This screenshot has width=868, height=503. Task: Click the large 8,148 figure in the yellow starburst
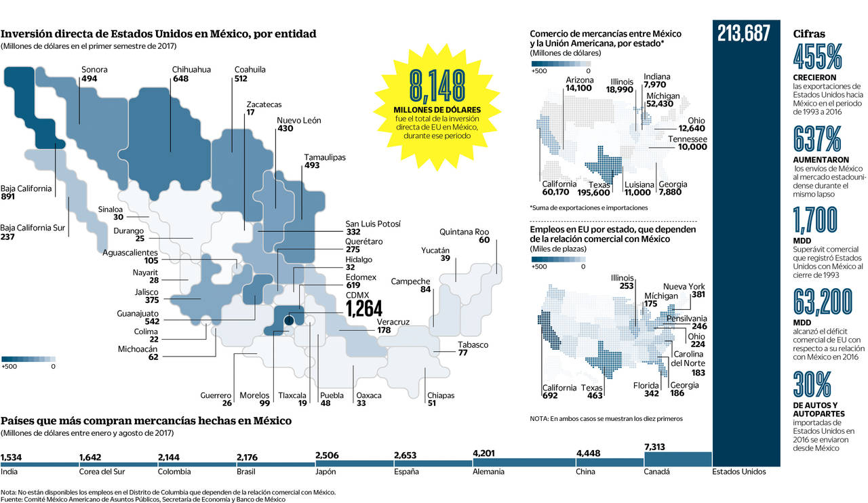coord(437,85)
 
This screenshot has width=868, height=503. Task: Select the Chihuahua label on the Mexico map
coord(191,69)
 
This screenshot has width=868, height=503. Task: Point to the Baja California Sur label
coord(33,228)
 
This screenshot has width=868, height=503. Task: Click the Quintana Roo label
coord(464,231)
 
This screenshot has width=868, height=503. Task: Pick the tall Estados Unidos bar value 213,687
coord(744,33)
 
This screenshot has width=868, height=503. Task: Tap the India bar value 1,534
coord(12,456)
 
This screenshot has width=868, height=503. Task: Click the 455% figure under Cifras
coord(818,58)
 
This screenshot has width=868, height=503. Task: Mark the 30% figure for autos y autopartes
coord(812,384)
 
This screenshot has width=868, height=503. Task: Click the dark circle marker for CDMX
coord(289,320)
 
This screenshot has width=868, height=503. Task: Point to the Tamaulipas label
coord(325,157)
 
